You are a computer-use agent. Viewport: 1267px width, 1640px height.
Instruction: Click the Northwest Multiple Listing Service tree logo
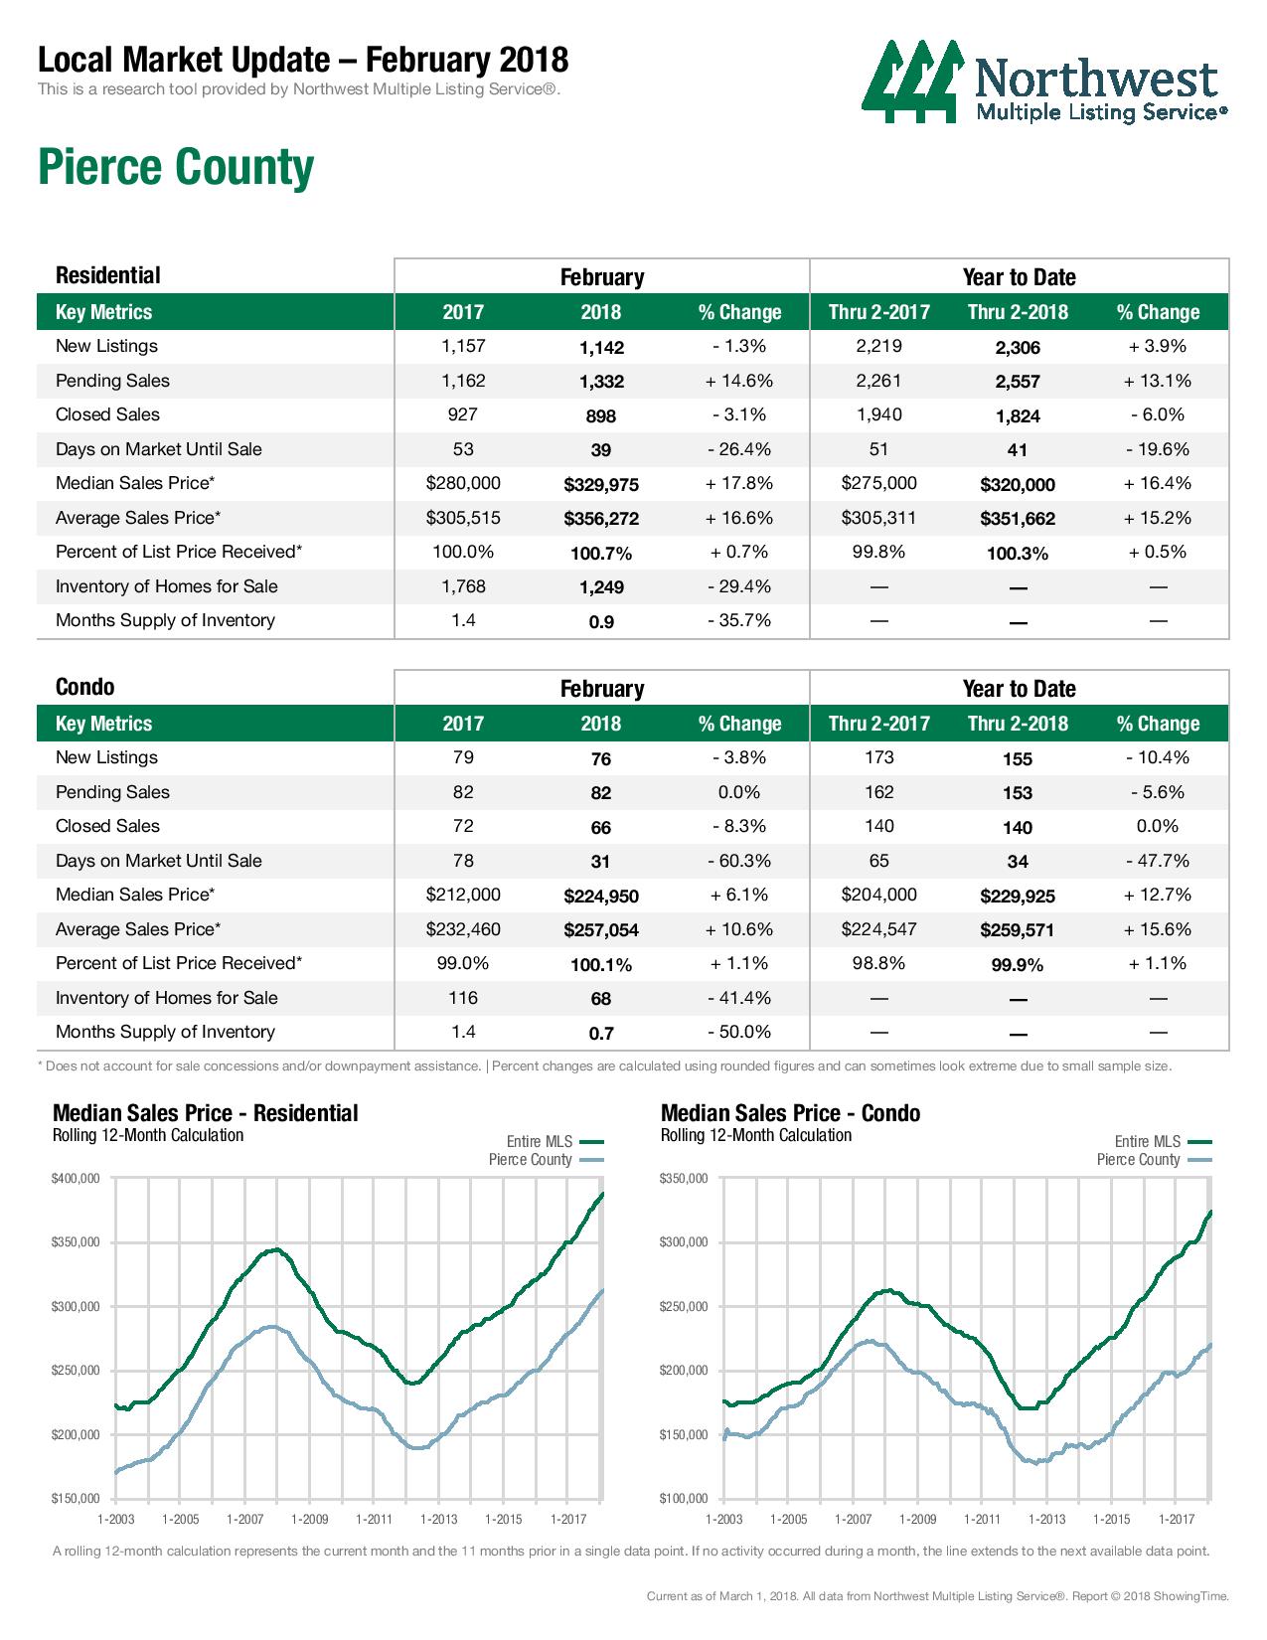point(913,82)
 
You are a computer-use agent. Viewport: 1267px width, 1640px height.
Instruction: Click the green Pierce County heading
point(176,168)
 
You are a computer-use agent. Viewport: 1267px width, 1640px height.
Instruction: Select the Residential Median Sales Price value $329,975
point(600,484)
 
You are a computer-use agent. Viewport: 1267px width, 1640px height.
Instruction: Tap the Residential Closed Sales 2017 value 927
point(463,414)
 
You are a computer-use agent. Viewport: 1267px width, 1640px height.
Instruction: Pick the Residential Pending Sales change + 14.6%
point(738,381)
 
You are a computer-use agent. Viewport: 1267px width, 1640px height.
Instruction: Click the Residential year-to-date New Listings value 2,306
point(1018,347)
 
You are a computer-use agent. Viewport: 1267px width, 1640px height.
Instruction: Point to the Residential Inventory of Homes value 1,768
point(463,586)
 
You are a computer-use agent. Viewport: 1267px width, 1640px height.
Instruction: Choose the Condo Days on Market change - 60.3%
point(738,861)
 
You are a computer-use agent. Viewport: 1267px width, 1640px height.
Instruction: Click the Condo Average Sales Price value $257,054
point(600,929)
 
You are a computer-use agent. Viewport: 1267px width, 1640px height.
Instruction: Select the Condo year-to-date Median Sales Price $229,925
point(1018,896)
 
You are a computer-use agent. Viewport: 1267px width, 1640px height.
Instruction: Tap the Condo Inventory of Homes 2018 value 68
point(600,999)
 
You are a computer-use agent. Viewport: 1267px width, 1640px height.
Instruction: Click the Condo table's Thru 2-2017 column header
point(878,723)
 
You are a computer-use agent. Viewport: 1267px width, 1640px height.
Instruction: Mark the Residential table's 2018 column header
point(600,312)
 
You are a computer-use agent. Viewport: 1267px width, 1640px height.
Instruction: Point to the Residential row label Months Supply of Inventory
point(165,620)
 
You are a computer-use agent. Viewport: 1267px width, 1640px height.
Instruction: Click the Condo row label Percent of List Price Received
point(179,963)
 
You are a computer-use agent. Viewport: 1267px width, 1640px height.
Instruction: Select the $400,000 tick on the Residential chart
point(76,1178)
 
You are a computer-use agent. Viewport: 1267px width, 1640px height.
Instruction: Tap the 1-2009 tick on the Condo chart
point(917,1519)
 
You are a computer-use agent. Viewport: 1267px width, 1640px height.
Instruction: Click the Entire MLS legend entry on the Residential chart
point(554,1141)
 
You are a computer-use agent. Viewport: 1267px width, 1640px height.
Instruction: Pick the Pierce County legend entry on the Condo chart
point(1154,1159)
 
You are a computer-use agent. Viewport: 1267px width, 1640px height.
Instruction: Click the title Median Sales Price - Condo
point(790,1113)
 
